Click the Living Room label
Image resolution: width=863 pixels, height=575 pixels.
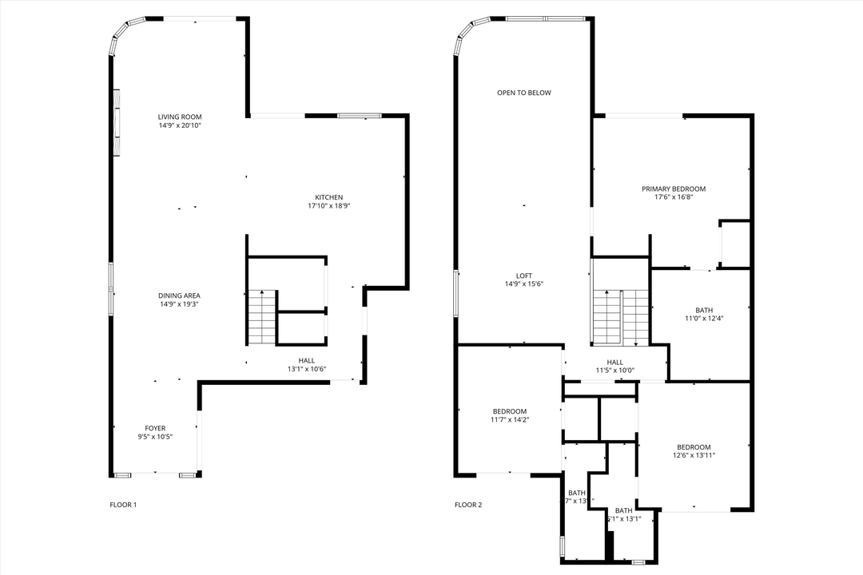pyautogui.click(x=179, y=117)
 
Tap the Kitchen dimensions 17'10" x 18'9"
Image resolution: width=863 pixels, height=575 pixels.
pyautogui.click(x=328, y=206)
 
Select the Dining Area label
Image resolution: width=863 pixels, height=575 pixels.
pyautogui.click(x=179, y=295)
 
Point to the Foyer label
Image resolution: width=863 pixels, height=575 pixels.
pyautogui.click(x=155, y=428)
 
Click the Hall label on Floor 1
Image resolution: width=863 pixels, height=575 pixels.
pyautogui.click(x=307, y=360)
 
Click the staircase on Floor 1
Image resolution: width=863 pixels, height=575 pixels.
pyautogui.click(x=261, y=316)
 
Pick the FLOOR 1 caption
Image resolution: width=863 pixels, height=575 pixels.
pyautogui.click(x=123, y=505)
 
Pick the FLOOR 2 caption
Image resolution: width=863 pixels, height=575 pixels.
pyautogui.click(x=468, y=505)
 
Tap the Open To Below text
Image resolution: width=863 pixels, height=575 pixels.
pyautogui.click(x=523, y=93)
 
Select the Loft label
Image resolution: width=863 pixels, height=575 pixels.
pyautogui.click(x=523, y=275)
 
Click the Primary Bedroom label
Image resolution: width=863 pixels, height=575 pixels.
pyautogui.click(x=673, y=188)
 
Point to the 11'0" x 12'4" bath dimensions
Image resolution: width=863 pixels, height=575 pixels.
pyautogui.click(x=704, y=319)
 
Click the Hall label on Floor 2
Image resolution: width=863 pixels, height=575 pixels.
pyautogui.click(x=614, y=362)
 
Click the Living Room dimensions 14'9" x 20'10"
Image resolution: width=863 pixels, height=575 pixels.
pyautogui.click(x=179, y=125)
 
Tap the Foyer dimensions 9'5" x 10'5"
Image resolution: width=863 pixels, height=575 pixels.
pyautogui.click(x=155, y=437)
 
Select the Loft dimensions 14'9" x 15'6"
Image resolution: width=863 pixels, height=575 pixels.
pyautogui.click(x=523, y=284)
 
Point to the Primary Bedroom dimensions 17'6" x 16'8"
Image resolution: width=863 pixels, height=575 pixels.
pyautogui.click(x=673, y=197)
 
